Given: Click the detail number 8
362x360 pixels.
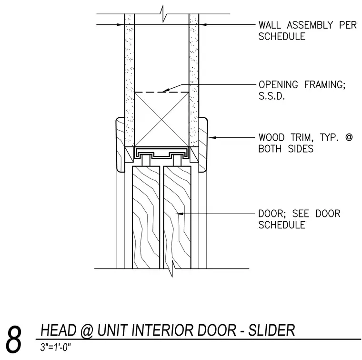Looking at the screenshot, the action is pyautogui.click(x=13, y=339).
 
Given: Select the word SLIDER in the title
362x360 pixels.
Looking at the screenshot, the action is pyautogui.click(x=271, y=330).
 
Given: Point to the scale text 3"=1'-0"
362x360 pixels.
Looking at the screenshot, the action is pyautogui.click(x=55, y=347).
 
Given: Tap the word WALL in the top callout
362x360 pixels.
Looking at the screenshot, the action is pyautogui.click(x=270, y=25).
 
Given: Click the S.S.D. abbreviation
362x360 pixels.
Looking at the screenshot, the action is pyautogui.click(x=271, y=96).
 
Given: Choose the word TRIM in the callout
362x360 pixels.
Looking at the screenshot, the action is pyautogui.click(x=302, y=137).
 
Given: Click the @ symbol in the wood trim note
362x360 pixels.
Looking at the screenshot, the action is pyautogui.click(x=349, y=137).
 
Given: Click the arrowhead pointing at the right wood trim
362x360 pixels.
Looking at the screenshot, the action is pyautogui.click(x=212, y=137).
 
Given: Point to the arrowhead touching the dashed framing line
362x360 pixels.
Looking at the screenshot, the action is pyautogui.click(x=166, y=90).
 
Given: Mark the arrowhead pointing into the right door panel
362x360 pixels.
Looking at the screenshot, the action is pyautogui.click(x=180, y=214).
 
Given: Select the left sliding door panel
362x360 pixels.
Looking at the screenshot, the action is pyautogui.click(x=146, y=217).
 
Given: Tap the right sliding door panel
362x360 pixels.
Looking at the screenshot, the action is pyautogui.click(x=177, y=217).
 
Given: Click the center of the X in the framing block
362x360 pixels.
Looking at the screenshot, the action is pyautogui.click(x=161, y=120).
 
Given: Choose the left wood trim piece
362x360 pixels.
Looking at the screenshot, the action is pyautogui.click(x=121, y=144).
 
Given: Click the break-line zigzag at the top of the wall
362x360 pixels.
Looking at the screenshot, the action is pyautogui.click(x=163, y=14).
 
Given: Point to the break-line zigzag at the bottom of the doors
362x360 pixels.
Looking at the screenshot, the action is pyautogui.click(x=172, y=268).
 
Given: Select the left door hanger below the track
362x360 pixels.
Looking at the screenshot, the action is pyautogui.click(x=146, y=161).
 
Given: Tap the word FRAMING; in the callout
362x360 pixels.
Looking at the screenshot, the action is pyautogui.click(x=325, y=85).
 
